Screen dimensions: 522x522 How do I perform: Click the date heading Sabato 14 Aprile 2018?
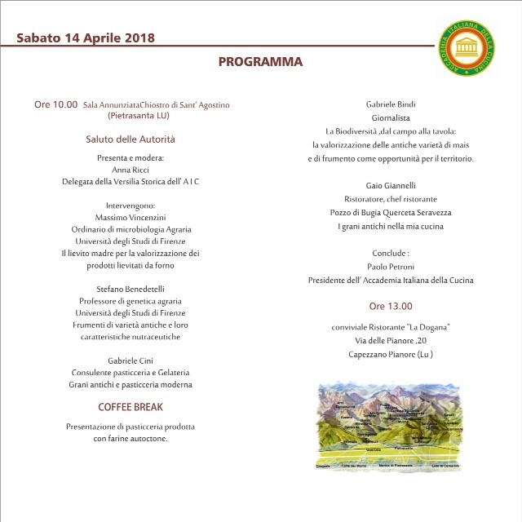point(86,38)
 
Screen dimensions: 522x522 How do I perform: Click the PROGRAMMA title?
point(260,62)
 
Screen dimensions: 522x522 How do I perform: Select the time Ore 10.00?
point(55,104)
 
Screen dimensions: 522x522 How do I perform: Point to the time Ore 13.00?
point(391,307)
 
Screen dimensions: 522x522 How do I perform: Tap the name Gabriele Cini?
point(130,361)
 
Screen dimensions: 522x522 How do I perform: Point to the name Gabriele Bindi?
point(391,104)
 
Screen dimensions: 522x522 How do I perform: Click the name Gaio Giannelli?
point(391,184)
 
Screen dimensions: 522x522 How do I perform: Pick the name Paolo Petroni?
point(391,266)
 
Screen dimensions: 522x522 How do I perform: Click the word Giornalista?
point(391,117)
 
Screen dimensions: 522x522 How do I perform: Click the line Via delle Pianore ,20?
point(391,341)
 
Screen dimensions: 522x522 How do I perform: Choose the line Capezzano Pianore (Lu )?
point(391,354)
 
